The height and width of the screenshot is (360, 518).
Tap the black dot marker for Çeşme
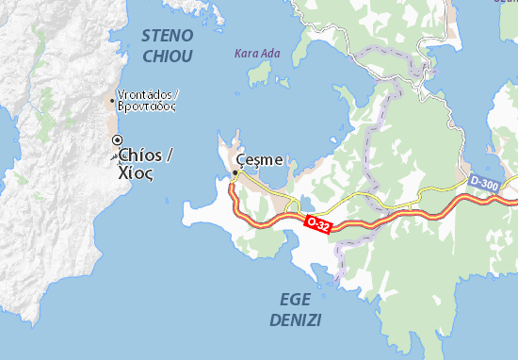point(235,172)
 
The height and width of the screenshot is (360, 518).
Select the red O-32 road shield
point(317,223)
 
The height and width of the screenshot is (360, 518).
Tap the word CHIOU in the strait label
point(167,57)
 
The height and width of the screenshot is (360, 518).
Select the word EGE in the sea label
point(297,299)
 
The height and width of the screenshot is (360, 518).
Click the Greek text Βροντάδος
point(147,106)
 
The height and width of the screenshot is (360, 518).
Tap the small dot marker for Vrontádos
point(112,96)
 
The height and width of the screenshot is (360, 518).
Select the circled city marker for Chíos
point(117,139)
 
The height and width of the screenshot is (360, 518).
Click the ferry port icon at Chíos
point(117,156)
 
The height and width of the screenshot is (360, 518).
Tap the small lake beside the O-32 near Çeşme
point(293,205)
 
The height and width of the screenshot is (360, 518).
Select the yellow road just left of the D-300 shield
point(443,191)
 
